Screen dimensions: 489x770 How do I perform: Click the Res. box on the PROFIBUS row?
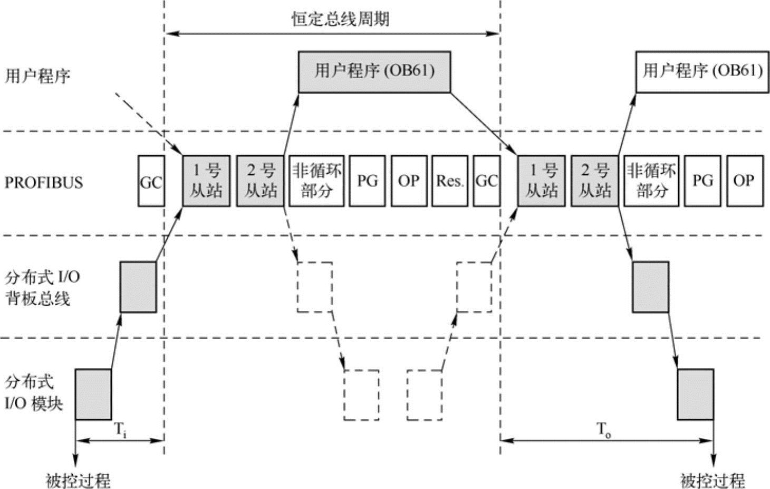click(449, 181)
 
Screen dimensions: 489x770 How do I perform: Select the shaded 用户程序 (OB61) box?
click(374, 72)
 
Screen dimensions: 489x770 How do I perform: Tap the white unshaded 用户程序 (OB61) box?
click(702, 72)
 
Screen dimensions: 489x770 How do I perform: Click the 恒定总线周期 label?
click(340, 20)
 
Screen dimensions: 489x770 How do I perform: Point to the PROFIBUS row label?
click(44, 183)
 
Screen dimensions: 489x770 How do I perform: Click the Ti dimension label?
click(121, 429)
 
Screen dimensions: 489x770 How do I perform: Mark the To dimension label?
click(604, 429)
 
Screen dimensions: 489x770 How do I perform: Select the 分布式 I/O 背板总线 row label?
click(42, 288)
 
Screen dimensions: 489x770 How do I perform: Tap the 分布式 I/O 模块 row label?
click(34, 393)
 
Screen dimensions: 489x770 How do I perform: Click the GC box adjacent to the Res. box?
click(486, 181)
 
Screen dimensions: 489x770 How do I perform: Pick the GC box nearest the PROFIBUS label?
click(151, 181)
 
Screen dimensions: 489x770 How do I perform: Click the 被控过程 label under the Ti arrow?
click(78, 480)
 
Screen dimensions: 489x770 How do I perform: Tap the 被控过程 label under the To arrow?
click(712, 480)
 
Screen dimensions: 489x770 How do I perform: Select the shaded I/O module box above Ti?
click(93, 394)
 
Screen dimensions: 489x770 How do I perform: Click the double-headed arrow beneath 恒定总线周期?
click(332, 34)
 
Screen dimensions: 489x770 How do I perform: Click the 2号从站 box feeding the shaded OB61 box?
click(261, 181)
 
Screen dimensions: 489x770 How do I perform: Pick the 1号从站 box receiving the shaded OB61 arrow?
click(541, 181)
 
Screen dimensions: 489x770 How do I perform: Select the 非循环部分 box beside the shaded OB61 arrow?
click(316, 181)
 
